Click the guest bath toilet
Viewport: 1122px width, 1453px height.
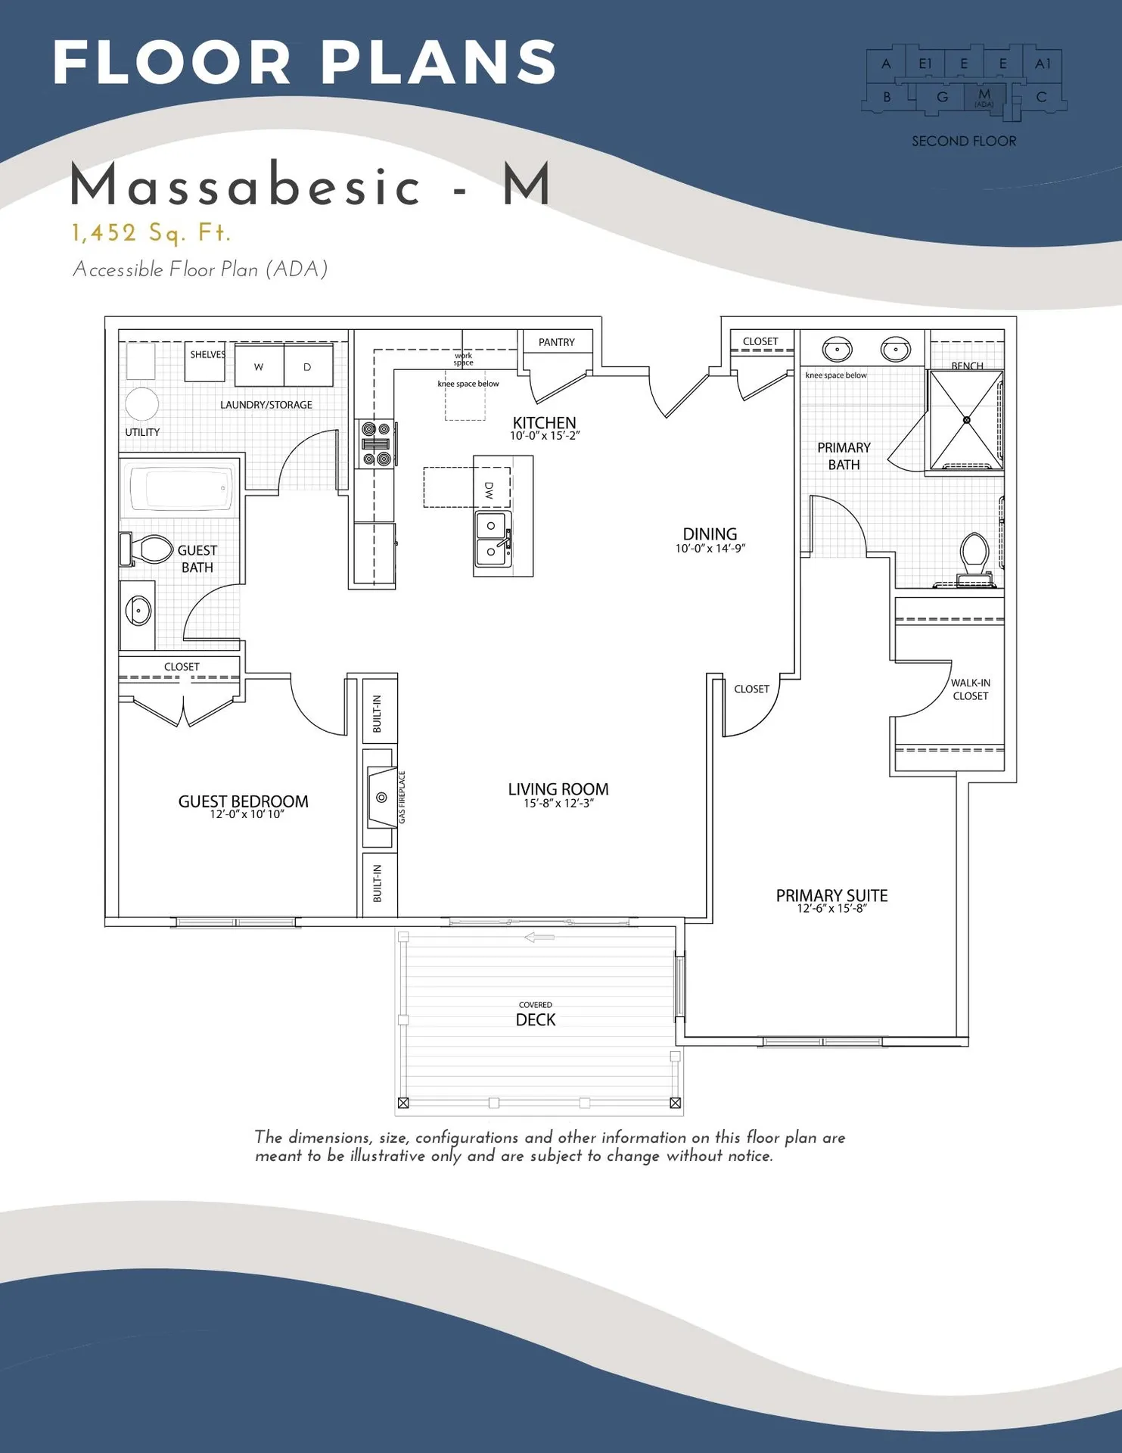[151, 549]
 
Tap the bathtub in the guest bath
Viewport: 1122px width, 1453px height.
[180, 489]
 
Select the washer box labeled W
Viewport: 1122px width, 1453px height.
[259, 366]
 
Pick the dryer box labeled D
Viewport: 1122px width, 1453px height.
[307, 366]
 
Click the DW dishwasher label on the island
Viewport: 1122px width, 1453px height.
[489, 490]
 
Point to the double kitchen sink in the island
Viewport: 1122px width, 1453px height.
[493, 539]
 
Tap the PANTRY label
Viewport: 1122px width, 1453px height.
[556, 342]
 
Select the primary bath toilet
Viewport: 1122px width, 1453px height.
[974, 555]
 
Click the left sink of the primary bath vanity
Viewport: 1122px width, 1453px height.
[838, 350]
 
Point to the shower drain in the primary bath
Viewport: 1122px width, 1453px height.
[966, 420]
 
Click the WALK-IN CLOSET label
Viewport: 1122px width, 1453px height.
[970, 689]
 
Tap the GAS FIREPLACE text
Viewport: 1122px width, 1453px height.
[402, 797]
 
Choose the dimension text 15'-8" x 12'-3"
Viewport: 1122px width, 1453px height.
[558, 804]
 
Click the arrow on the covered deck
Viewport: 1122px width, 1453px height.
[539, 938]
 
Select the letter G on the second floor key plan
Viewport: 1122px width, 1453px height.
[942, 97]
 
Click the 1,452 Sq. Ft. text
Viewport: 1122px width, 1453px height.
[151, 233]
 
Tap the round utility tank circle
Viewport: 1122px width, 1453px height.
[141, 404]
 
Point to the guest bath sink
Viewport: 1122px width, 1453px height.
[138, 610]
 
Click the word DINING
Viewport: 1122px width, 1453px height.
[710, 534]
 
